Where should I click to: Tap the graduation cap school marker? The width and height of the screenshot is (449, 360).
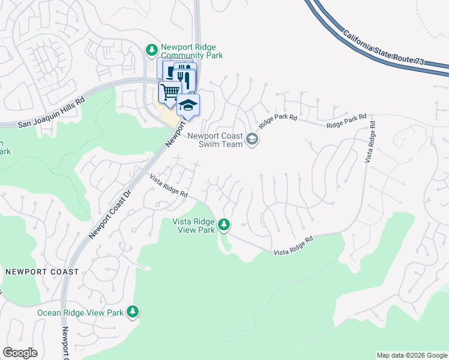(x=188, y=105)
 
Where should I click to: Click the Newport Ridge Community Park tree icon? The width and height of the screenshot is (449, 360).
(x=152, y=49)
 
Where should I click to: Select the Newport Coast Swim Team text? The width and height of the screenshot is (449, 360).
(x=215, y=140)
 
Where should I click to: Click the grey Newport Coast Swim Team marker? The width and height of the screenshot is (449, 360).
(x=252, y=140)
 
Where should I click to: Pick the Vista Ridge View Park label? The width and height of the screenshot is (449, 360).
(x=194, y=226)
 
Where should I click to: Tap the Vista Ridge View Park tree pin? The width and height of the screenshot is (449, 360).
(x=224, y=225)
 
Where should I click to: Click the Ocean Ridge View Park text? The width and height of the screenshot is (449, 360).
(x=80, y=313)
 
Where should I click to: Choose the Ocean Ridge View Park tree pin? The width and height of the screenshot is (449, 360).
(x=133, y=312)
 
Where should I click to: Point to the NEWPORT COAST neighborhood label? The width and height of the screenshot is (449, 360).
(x=42, y=272)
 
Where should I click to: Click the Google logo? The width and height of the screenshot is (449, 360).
(x=20, y=353)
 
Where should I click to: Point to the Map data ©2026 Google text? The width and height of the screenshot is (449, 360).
(x=412, y=355)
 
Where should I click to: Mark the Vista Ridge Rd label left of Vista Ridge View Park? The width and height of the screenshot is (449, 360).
(x=169, y=187)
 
